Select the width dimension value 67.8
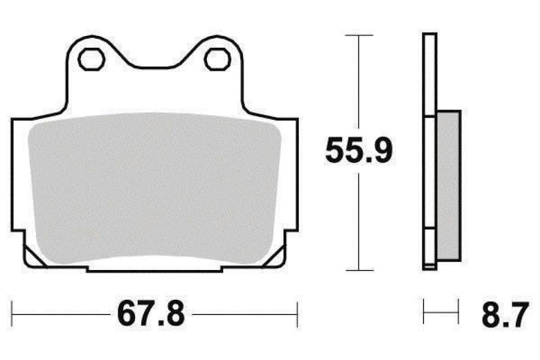(151, 314)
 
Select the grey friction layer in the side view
(448, 186)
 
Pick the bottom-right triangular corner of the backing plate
(276, 256)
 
